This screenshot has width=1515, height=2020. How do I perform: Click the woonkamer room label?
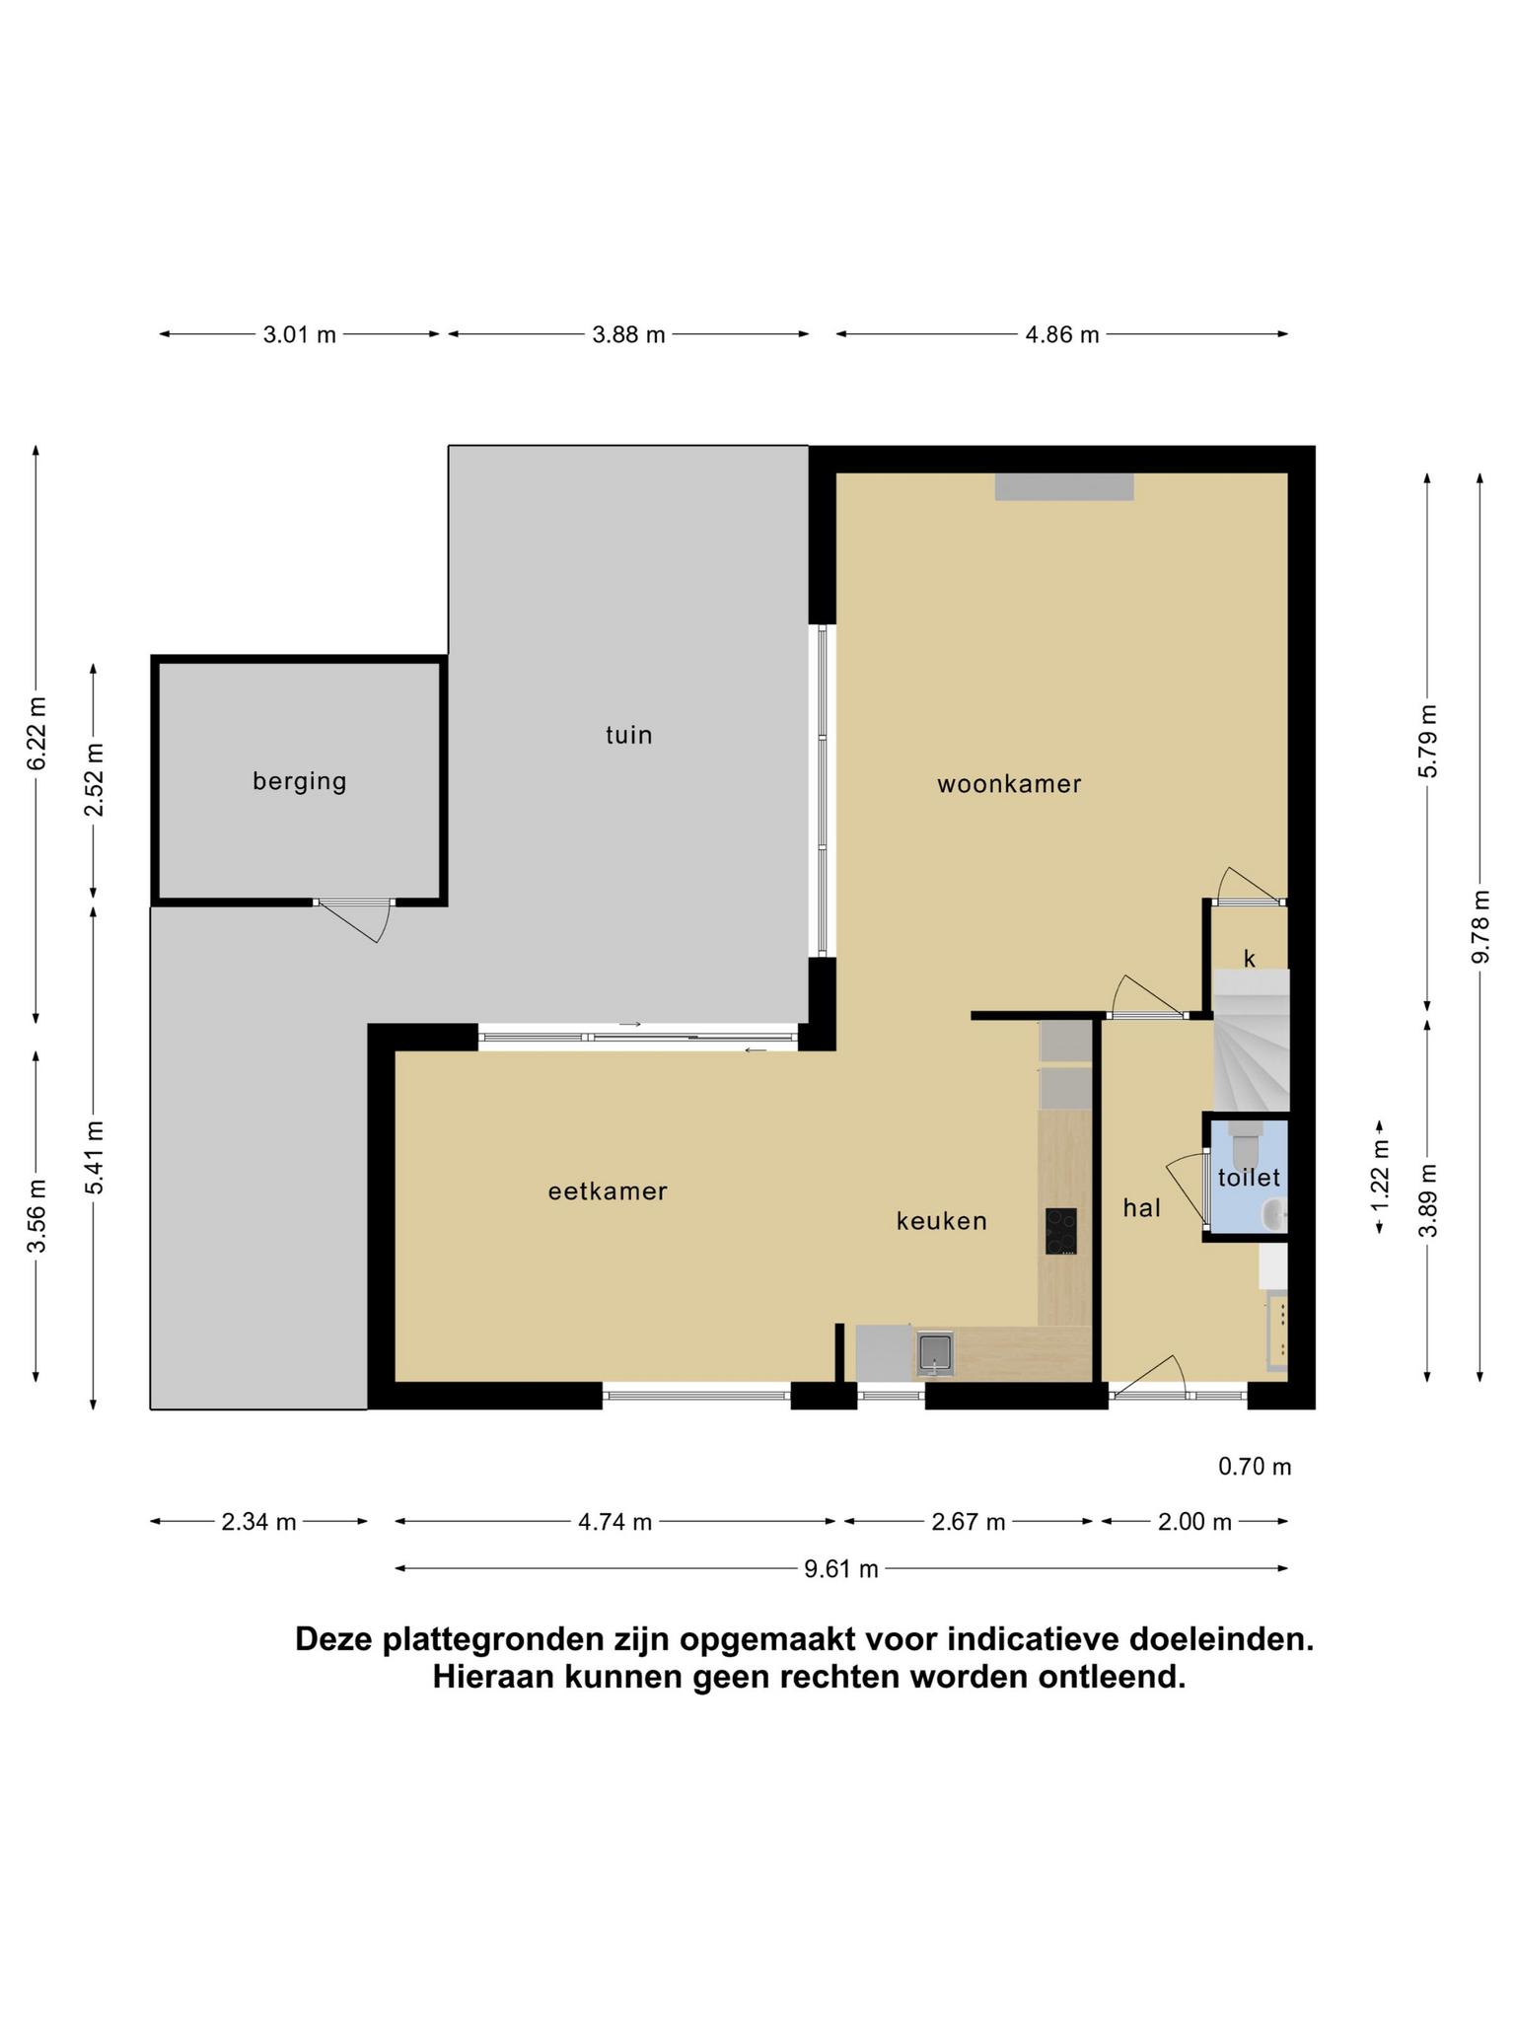tap(1009, 784)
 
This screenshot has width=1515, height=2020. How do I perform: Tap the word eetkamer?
tap(608, 1191)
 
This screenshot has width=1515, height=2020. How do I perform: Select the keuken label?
tap(941, 1221)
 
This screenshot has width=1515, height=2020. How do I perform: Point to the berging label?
tap(300, 782)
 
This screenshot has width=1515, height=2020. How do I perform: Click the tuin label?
tap(629, 735)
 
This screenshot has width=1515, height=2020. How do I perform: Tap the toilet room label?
tap(1249, 1177)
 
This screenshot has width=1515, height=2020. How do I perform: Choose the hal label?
tap(1141, 1207)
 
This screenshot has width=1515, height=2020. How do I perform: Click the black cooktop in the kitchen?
tap(1061, 1231)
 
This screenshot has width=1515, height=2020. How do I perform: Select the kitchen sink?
tap(935, 1353)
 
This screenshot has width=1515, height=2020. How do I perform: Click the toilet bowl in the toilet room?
tap(1246, 1143)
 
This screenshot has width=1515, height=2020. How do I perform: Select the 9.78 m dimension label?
tap(1479, 927)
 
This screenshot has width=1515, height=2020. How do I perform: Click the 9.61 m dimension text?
tap(841, 1569)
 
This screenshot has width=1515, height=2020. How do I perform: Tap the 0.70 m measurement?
tap(1255, 1467)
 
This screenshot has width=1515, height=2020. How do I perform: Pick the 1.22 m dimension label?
tap(1380, 1177)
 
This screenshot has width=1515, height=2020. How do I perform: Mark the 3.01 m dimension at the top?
tap(300, 334)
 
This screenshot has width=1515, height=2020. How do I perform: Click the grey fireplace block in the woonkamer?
tap(1064, 486)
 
